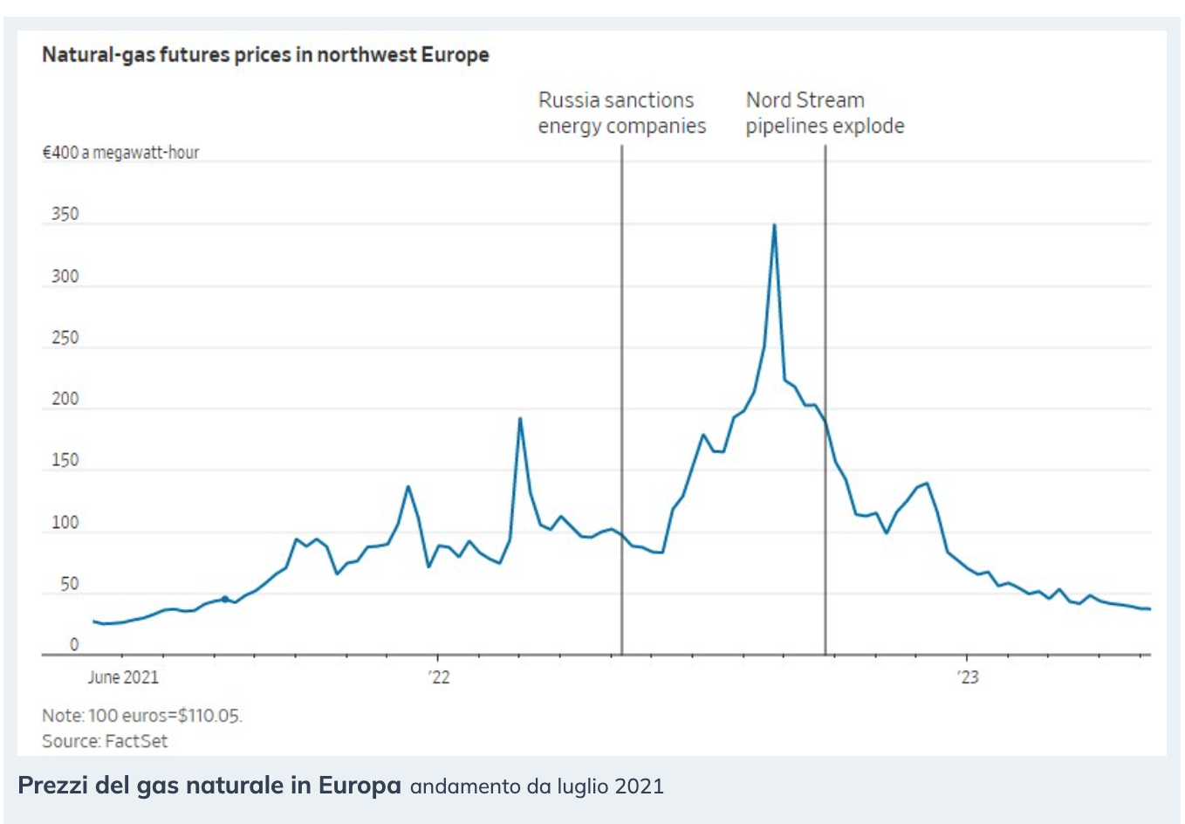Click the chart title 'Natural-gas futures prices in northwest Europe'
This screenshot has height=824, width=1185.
click(265, 55)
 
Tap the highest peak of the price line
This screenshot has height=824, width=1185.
click(774, 226)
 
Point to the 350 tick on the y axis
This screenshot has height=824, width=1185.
click(65, 215)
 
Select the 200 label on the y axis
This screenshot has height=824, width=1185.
click(65, 400)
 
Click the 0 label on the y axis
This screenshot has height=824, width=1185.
click(74, 645)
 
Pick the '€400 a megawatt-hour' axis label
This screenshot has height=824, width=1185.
click(120, 153)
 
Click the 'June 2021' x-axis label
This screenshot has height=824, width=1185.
click(123, 677)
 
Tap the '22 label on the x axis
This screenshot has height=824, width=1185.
click(439, 677)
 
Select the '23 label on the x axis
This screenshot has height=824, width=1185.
click(967, 677)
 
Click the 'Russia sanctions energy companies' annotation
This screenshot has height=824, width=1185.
click(621, 113)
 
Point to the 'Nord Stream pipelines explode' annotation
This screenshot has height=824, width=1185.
click(825, 113)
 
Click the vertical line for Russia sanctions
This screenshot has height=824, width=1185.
click(622, 349)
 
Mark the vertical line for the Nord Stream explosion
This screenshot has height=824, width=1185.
click(825, 306)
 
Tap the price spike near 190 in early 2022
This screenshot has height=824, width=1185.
click(520, 419)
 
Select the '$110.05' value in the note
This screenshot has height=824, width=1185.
click(209, 716)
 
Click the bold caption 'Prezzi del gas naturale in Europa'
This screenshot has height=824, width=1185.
click(209, 786)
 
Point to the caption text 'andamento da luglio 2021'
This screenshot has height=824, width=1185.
click(537, 786)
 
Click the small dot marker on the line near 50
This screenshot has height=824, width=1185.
click(225, 599)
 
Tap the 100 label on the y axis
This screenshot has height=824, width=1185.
click(65, 523)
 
